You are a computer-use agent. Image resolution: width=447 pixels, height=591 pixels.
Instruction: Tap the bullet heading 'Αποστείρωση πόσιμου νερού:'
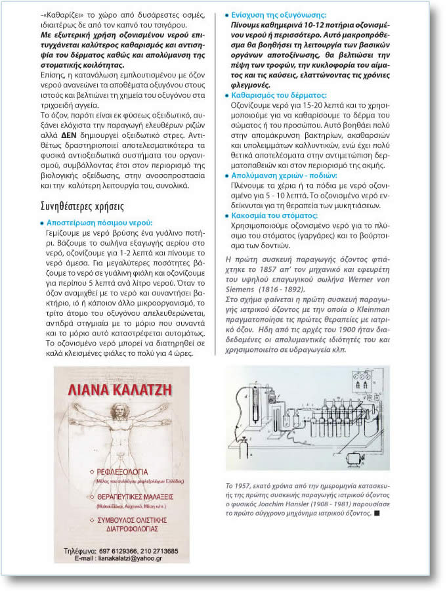[98, 223]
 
